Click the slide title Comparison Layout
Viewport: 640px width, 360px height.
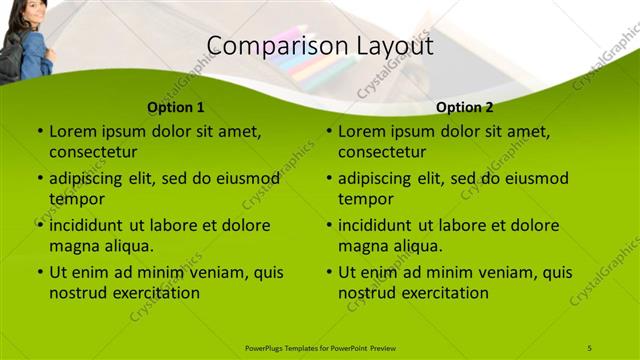click(x=320, y=46)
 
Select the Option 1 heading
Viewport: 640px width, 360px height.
click(x=176, y=107)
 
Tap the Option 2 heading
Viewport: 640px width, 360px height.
click(x=465, y=107)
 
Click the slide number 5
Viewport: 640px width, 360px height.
click(x=590, y=347)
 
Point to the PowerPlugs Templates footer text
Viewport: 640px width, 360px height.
click(x=320, y=347)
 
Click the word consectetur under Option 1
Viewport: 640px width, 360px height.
click(x=93, y=152)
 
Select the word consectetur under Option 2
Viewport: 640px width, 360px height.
click(x=382, y=152)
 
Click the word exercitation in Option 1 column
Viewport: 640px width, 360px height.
click(x=154, y=293)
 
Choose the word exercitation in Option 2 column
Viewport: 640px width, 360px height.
click(x=443, y=293)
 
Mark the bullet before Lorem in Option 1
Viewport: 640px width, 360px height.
click(x=40, y=131)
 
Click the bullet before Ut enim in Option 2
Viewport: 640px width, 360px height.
click(x=329, y=272)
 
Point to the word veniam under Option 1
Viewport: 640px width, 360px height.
click(x=201, y=272)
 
